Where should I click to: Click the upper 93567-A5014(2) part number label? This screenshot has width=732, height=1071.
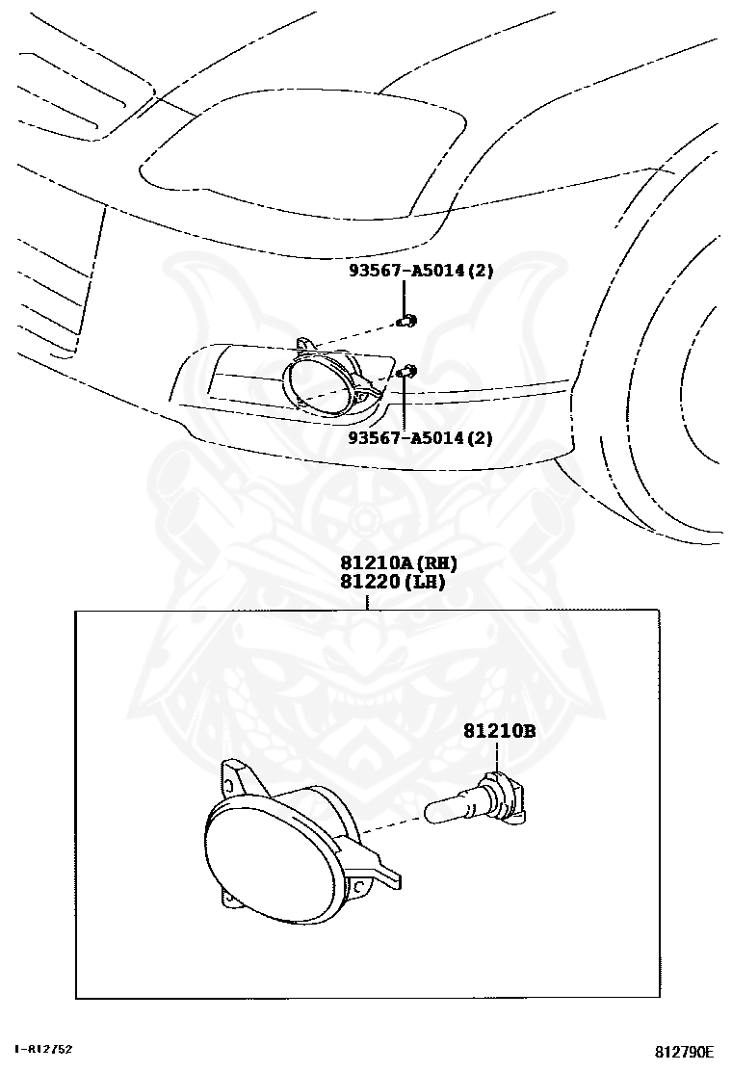pos(421,272)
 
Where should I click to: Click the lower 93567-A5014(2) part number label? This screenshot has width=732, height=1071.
pos(421,438)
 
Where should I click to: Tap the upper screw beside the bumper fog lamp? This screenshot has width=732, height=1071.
pos(408,321)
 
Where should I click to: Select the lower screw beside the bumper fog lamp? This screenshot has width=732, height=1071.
pos(408,371)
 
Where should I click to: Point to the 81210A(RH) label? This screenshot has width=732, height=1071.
pos(397,563)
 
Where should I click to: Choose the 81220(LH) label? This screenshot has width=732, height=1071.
pos(392,581)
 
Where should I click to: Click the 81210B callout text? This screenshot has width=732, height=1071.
pos(499,731)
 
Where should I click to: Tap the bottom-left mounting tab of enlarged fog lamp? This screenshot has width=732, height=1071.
pos(231,898)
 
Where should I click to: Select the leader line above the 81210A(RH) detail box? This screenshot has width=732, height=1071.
pos(367,600)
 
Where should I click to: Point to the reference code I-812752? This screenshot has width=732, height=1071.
pos(44,1049)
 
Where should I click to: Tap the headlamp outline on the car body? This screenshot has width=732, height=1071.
pos(299,154)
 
